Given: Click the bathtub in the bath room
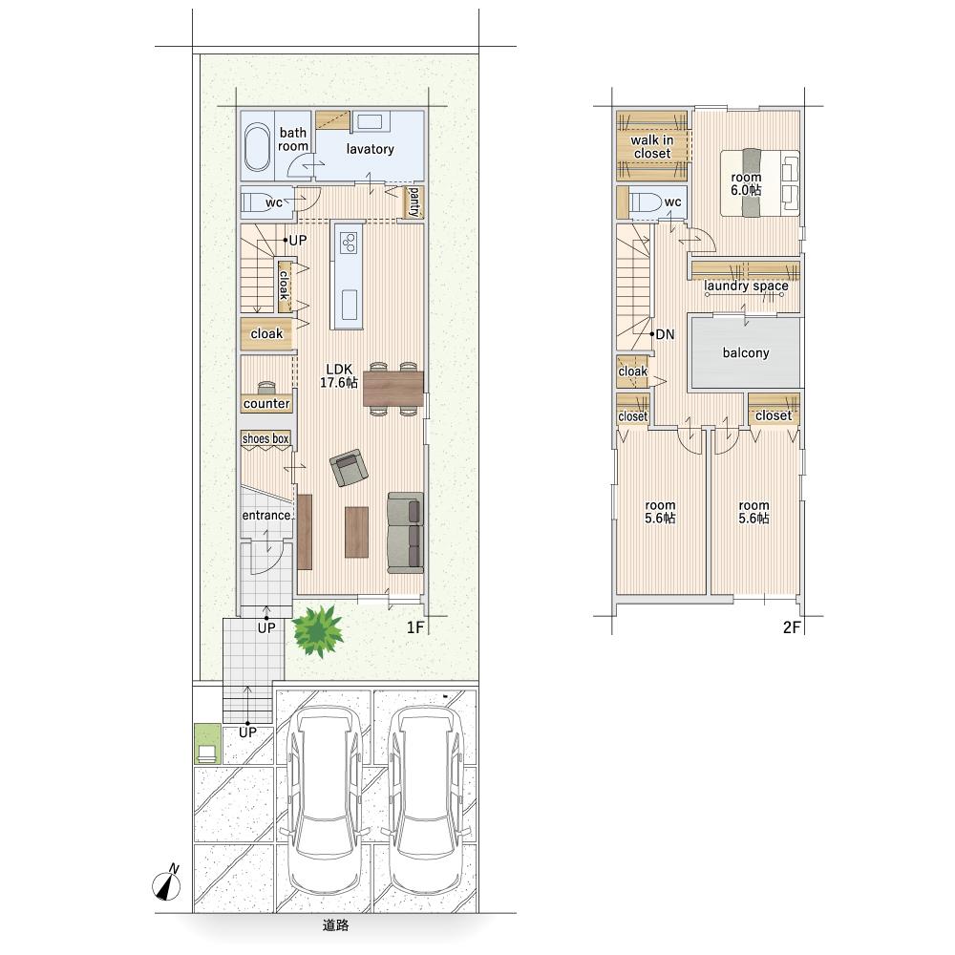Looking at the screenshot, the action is [x=257, y=147].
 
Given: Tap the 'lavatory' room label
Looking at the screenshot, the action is [x=370, y=149].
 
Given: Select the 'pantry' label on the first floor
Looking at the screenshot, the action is [x=414, y=202].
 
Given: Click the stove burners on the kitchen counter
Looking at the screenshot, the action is [x=349, y=243].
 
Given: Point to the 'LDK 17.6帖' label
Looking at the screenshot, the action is [x=339, y=375].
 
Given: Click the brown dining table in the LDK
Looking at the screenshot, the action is [x=393, y=389].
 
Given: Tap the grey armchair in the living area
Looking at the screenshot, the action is [x=349, y=467].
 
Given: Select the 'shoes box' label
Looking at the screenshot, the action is [x=265, y=438].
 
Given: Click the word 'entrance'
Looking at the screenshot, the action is [x=266, y=516].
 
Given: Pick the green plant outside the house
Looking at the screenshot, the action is [x=317, y=630].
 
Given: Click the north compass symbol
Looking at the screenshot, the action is [x=166, y=882].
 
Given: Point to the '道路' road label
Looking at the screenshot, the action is [x=335, y=925].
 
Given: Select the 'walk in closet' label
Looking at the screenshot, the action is [x=651, y=147].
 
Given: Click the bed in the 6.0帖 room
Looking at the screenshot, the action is [x=760, y=182].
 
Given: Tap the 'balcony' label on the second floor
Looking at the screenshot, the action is [x=746, y=352].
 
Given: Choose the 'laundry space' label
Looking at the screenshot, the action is [x=746, y=286].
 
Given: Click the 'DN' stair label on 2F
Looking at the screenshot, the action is [x=665, y=334].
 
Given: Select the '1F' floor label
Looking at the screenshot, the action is [x=415, y=627].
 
